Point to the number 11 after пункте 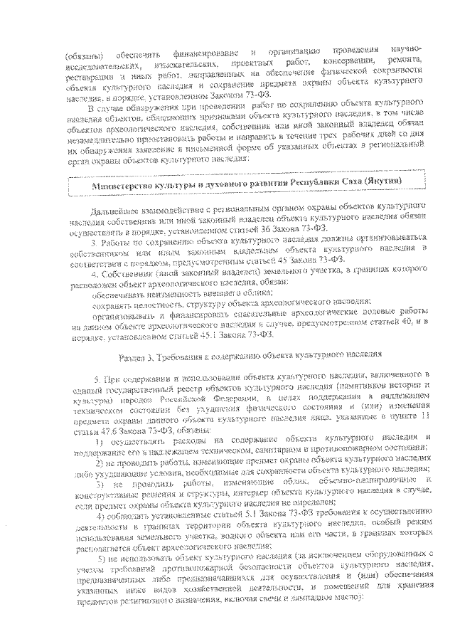(x=424, y=403)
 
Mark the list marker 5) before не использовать (x=101, y=556)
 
